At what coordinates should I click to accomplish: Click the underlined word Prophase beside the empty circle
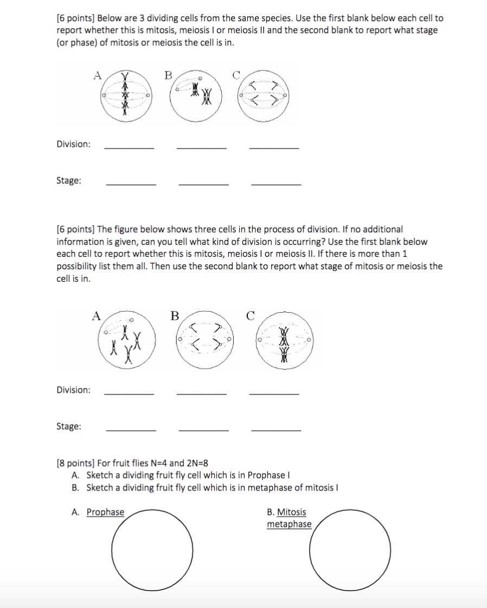tap(105, 512)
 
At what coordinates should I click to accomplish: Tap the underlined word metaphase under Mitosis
tap(289, 524)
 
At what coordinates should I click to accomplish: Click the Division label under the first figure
tap(74, 144)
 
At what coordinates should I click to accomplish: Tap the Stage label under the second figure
tap(69, 426)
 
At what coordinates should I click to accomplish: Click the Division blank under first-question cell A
tap(129, 147)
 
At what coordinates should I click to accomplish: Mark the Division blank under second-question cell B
tap(201, 393)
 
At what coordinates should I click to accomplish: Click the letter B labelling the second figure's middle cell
tap(175, 315)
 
